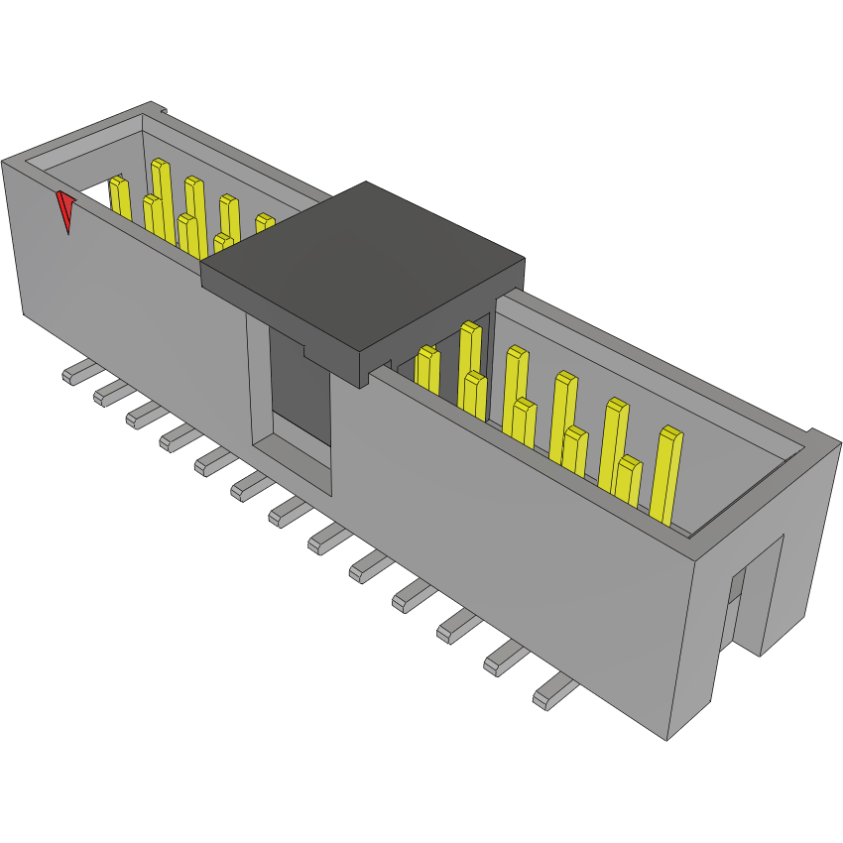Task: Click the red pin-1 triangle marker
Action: [65, 209]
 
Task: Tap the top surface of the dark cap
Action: [362, 263]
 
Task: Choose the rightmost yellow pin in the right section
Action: [667, 476]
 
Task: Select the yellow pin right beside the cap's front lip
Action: [427, 369]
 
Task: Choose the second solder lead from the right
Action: [505, 659]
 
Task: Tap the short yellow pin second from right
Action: [628, 481]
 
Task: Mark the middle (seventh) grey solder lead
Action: [288, 511]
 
